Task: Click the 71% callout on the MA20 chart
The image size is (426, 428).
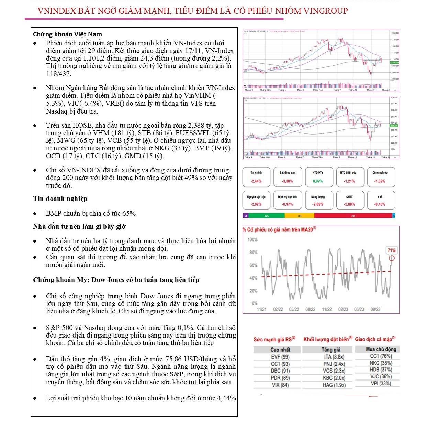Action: point(392,250)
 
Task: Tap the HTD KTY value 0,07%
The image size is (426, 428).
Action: point(318,181)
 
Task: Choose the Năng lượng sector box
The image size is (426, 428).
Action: point(318,200)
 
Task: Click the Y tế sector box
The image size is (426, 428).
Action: point(380,200)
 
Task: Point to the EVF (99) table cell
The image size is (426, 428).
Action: point(280,357)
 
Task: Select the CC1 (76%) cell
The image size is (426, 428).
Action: point(381,356)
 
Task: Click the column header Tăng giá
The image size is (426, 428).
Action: point(331,350)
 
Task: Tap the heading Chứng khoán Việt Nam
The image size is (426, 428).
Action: point(67,34)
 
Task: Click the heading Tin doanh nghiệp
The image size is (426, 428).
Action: point(60,199)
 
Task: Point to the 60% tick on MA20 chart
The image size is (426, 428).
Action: point(253,265)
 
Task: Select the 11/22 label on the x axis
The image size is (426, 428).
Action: point(327,309)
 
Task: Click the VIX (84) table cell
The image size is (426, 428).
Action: point(280,385)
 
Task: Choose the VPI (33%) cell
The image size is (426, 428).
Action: point(381,384)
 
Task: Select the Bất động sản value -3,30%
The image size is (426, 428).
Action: point(287,181)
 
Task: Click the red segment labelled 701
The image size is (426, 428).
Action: point(353,216)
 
